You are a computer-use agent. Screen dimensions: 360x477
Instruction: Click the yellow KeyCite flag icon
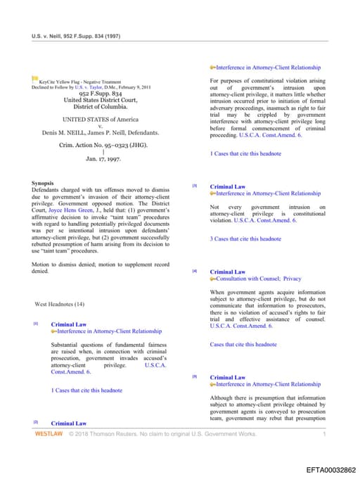pos(35,79)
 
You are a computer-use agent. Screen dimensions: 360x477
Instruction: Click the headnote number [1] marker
pos(36,324)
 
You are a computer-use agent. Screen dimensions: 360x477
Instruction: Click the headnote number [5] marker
pos(195,377)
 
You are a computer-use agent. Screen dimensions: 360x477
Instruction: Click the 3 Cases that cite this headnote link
pos(245,238)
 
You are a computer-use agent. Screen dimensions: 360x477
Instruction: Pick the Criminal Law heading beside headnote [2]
pos(69,424)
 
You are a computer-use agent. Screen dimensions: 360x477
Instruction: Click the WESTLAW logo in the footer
pos(49,434)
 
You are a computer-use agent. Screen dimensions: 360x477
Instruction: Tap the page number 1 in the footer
pos(324,434)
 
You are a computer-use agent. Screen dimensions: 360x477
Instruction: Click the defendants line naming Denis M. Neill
pos(100,132)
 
